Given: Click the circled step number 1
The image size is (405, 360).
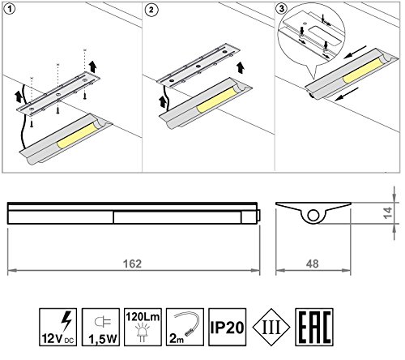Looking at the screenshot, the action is [10, 9].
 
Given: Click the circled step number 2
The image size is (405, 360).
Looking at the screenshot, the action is [151, 10].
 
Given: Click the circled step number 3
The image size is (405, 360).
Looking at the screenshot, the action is [281, 8].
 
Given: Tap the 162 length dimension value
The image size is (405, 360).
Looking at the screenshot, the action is [132, 264].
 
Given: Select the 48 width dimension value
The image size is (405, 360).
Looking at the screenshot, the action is [313, 264].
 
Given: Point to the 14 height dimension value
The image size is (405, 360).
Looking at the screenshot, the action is [388, 212].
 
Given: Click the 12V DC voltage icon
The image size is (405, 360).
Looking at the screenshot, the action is [58, 327].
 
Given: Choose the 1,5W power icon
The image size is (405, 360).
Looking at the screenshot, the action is [100, 327].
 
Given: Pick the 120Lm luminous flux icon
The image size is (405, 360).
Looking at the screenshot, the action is [143, 327].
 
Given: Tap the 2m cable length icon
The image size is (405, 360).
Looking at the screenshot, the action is [185, 327].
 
